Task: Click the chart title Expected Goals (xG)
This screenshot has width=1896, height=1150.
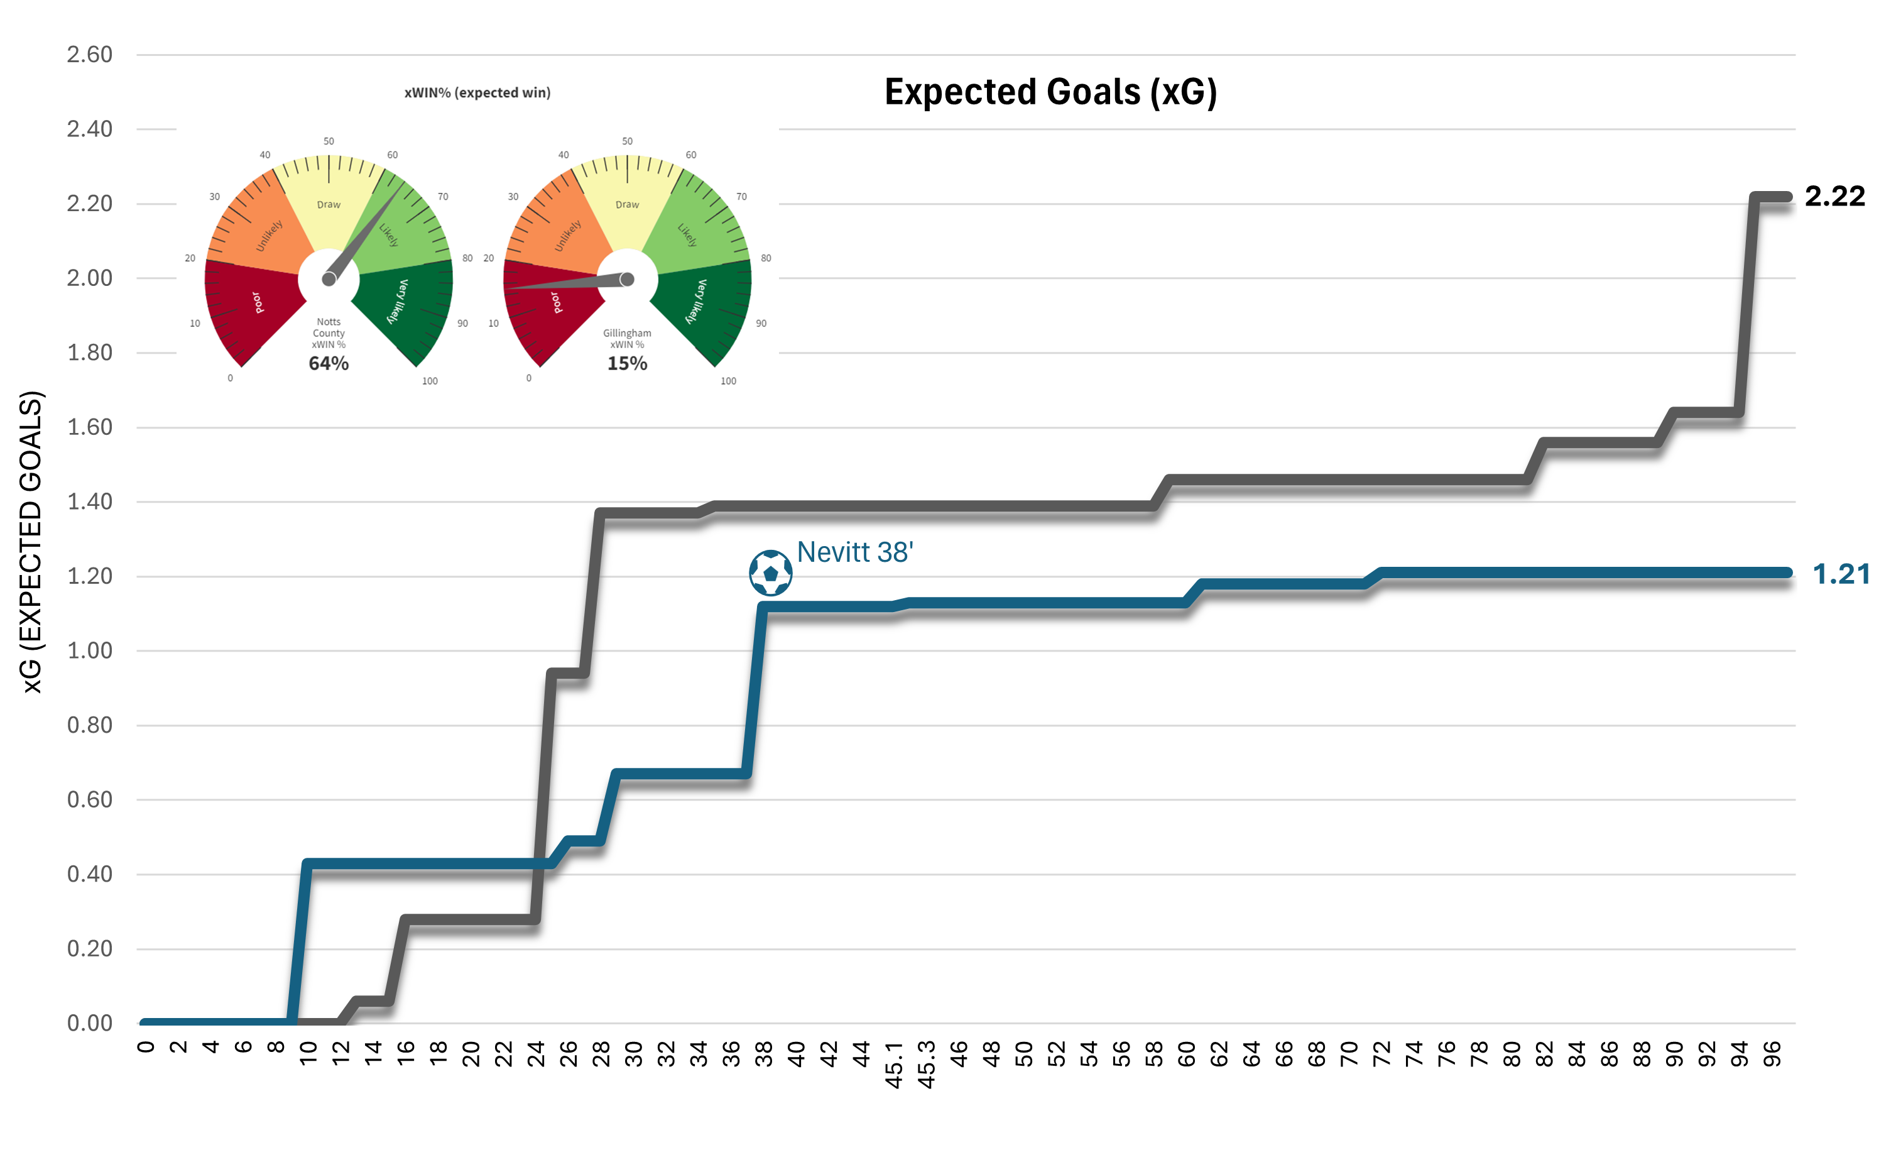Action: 1050,92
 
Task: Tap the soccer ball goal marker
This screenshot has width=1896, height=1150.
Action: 770,572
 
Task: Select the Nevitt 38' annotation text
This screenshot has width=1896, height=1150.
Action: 855,552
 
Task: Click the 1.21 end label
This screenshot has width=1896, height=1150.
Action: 1841,574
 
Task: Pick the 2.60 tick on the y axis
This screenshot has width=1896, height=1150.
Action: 89,55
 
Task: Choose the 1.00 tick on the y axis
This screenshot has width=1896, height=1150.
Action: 89,650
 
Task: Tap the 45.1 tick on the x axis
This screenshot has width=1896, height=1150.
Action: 893,1065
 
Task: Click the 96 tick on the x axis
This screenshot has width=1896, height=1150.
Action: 1772,1054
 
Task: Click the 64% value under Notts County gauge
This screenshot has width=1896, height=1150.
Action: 329,363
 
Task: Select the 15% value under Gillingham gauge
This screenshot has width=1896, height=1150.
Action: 627,363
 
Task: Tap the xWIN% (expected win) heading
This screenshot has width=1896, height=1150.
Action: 477,92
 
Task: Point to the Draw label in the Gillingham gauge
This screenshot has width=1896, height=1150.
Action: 627,205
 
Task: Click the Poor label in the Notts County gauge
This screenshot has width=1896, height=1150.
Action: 257,302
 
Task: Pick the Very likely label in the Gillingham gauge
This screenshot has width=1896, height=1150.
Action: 696,301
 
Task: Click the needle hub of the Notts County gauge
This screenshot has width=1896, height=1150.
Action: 329,278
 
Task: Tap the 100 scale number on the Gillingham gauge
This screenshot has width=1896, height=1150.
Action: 728,381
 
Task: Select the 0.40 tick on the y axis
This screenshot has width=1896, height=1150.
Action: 89,873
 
